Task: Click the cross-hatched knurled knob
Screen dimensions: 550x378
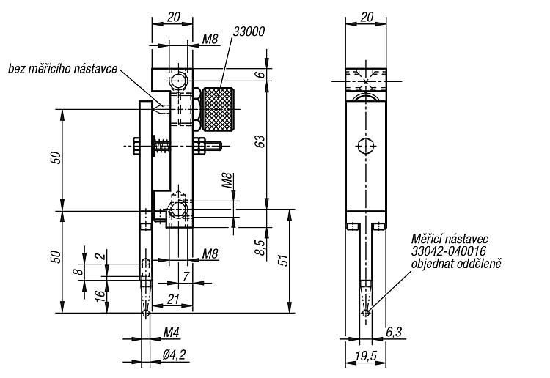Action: (x=218, y=109)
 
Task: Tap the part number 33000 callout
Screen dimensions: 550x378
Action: (x=249, y=32)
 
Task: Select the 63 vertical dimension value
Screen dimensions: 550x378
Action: (x=260, y=141)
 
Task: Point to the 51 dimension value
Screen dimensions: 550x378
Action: (x=284, y=259)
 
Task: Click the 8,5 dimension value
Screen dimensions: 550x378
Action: (x=260, y=247)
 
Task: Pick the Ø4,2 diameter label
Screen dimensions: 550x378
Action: (x=174, y=355)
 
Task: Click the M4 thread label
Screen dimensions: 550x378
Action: (x=171, y=333)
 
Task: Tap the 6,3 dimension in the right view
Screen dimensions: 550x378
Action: (x=394, y=332)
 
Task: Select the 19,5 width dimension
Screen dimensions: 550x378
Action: (x=366, y=356)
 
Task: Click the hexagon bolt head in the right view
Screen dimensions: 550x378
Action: (x=366, y=146)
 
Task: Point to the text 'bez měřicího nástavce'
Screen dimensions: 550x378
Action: (x=63, y=69)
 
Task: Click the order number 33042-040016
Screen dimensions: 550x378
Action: (x=449, y=251)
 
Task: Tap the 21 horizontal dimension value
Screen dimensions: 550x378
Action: (x=173, y=299)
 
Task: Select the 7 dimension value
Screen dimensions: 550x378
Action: (x=186, y=276)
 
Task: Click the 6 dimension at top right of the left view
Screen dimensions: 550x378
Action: (x=260, y=74)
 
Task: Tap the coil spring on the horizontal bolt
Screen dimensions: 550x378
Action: (x=162, y=145)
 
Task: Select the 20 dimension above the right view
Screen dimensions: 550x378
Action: (x=367, y=17)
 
